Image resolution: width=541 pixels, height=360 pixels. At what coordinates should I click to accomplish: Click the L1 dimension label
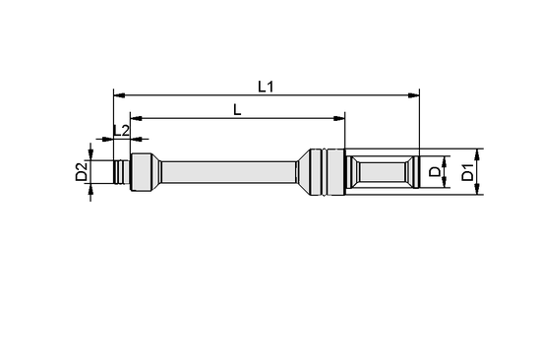(x=266, y=87)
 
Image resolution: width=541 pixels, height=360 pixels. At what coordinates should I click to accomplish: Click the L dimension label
(x=237, y=110)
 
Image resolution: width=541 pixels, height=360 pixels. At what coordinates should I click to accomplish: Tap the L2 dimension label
(x=121, y=130)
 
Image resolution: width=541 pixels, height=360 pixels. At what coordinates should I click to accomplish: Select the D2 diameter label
(x=82, y=173)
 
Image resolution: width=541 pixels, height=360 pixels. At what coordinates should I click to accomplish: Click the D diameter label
(x=436, y=173)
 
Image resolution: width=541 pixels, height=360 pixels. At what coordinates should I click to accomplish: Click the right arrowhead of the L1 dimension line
(x=414, y=95)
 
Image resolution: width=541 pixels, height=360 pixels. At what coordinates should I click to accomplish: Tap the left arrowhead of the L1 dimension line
(x=120, y=95)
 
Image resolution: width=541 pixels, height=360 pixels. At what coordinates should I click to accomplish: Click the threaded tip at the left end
(x=122, y=173)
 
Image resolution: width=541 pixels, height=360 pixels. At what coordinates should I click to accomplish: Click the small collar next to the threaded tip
(x=143, y=173)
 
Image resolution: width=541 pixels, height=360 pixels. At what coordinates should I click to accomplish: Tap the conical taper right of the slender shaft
(x=301, y=173)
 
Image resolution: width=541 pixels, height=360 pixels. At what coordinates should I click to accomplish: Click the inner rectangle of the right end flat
(x=384, y=173)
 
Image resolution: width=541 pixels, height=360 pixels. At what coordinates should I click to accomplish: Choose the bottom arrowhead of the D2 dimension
(x=92, y=189)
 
